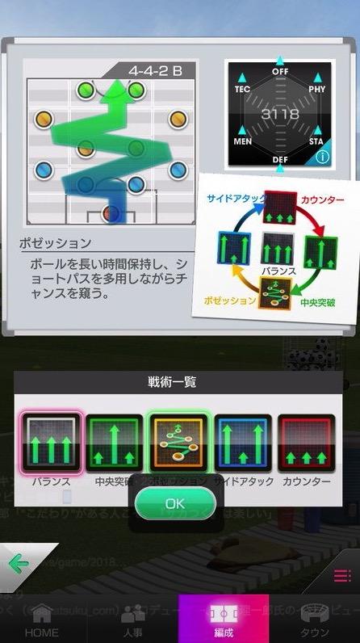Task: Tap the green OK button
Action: [175, 503]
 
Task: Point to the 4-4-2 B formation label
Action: [154, 70]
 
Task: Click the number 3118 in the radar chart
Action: [279, 116]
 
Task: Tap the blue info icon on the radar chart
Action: [322, 158]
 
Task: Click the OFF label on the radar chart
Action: [279, 72]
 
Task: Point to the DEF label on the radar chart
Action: [279, 160]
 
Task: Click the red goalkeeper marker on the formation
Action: [111, 213]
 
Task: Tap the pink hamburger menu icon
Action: [342, 576]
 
